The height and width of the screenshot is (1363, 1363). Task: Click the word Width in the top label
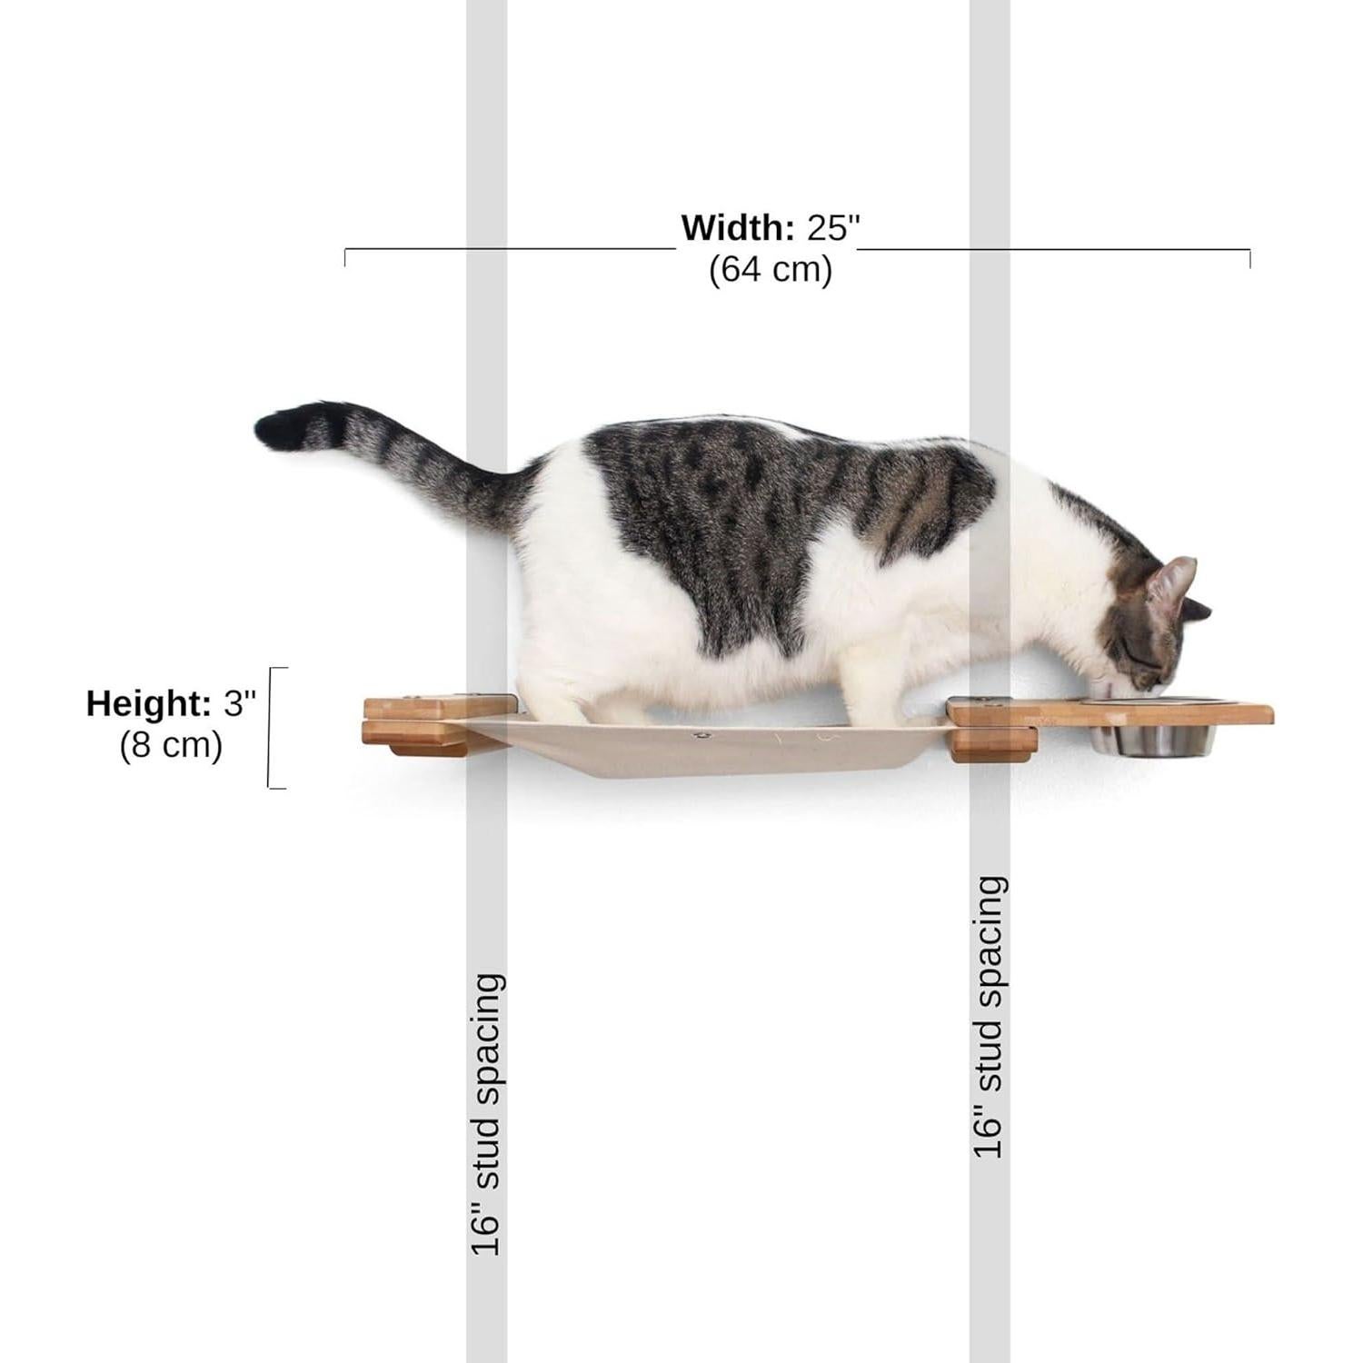pyautogui.click(x=738, y=227)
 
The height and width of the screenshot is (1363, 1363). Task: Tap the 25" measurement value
pyautogui.click(x=832, y=227)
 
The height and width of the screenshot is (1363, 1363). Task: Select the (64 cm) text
pyautogui.click(x=771, y=270)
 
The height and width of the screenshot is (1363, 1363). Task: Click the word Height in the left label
pyautogui.click(x=148, y=703)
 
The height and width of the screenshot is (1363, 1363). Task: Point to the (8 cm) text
pyautogui.click(x=171, y=745)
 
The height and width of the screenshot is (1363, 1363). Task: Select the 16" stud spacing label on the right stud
pyautogui.click(x=990, y=1017)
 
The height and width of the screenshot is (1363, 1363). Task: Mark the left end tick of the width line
pyautogui.click(x=345, y=257)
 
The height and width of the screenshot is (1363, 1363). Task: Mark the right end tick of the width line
pyautogui.click(x=1249, y=257)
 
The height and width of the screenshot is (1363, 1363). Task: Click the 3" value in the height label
pyautogui.click(x=241, y=703)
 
